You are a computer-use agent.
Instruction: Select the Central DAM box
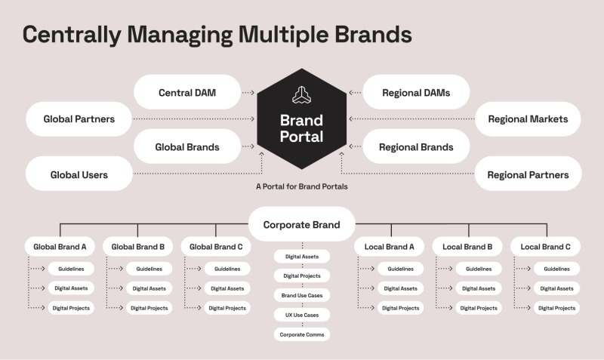pyautogui.click(x=187, y=93)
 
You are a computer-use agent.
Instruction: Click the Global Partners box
pyautogui.click(x=79, y=119)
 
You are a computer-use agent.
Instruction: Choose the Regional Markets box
pyautogui.click(x=528, y=119)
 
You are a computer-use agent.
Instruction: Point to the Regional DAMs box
pyautogui.click(x=416, y=93)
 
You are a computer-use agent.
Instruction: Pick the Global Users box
pyautogui.click(x=79, y=174)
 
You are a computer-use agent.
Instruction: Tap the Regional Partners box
pyautogui.click(x=528, y=174)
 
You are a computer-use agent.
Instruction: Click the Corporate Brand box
pyautogui.click(x=301, y=224)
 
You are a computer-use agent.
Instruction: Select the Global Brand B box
pyautogui.click(x=137, y=247)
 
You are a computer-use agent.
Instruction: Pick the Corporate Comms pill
pyautogui.click(x=301, y=334)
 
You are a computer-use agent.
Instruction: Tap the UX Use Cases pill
pyautogui.click(x=301, y=314)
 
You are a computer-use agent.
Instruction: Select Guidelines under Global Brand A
pyautogui.click(x=71, y=269)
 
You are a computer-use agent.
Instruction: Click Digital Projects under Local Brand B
pyautogui.click(x=477, y=308)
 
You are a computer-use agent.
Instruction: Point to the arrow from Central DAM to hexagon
pyautogui.click(x=249, y=93)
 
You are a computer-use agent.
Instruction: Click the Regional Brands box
pyautogui.click(x=416, y=147)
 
